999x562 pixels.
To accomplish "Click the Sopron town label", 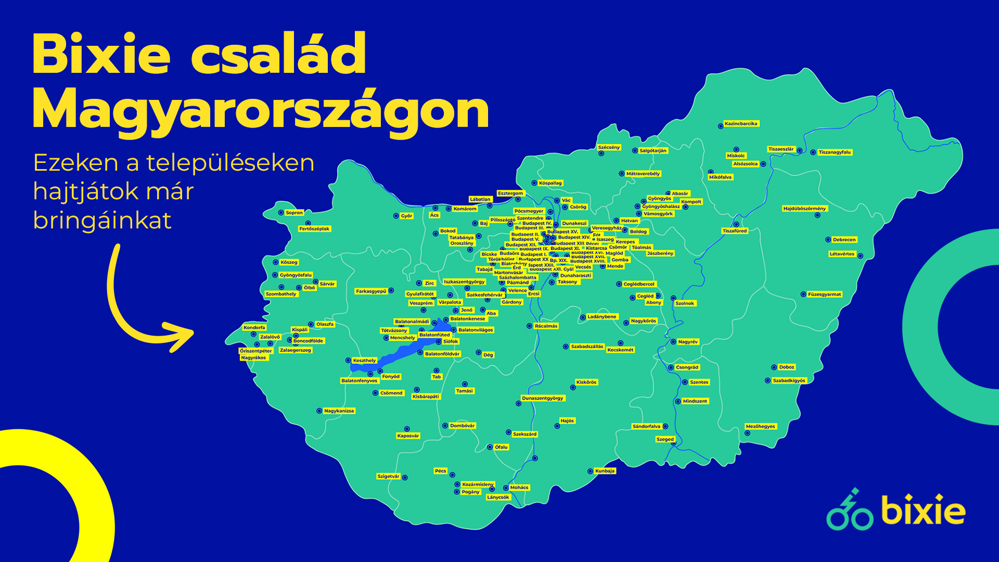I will pos(294,213).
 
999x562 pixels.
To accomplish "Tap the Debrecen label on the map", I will pos(843,240).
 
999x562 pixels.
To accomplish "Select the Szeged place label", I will pos(665,440).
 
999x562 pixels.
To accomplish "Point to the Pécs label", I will pos(440,471).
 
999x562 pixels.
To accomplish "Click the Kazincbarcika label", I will pos(741,124).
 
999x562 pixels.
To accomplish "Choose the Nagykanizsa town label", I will pos(339,411).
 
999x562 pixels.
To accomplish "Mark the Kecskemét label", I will pos(620,350).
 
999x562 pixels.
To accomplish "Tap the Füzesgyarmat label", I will pos(824,295).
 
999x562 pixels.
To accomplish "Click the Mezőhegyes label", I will pos(760,427).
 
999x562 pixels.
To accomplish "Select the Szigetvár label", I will pos(388,477).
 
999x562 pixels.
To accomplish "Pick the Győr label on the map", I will pos(406,216).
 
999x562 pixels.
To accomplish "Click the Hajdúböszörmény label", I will pos(804,209).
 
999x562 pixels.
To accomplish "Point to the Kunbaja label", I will pos(605,471).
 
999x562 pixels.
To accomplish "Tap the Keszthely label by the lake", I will pos(364,361).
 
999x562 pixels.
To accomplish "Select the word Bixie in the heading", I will pos(101,54).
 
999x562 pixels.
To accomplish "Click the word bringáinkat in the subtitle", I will pos(102,220).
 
